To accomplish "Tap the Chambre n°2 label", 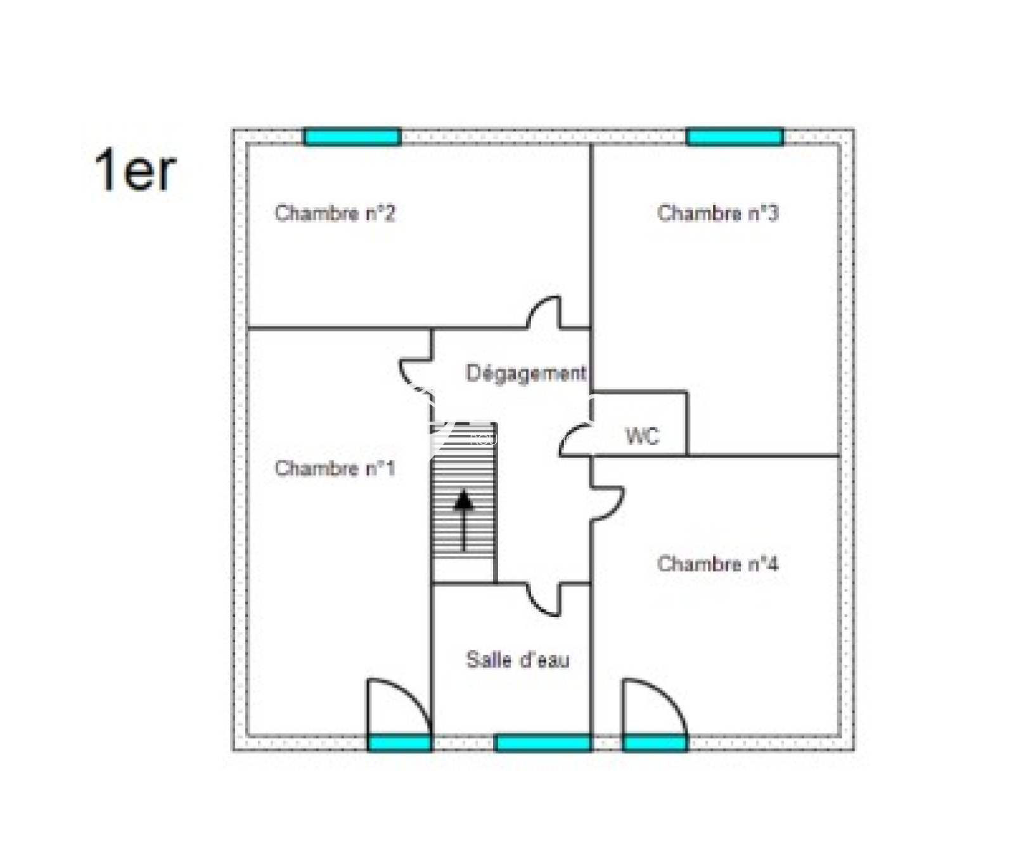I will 335,213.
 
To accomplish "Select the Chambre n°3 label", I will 717,213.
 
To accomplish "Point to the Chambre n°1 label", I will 335,469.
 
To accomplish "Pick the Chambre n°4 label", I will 717,564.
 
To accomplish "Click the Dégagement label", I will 526,373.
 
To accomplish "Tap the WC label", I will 642,436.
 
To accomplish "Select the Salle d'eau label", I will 518,660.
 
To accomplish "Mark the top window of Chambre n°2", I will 352,137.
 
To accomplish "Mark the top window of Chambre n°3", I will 735,137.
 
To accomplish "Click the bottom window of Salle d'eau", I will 542,743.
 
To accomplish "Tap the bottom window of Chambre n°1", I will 400,743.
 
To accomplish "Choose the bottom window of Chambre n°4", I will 655,743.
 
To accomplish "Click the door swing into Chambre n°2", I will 545,312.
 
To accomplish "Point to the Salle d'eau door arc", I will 544,600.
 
